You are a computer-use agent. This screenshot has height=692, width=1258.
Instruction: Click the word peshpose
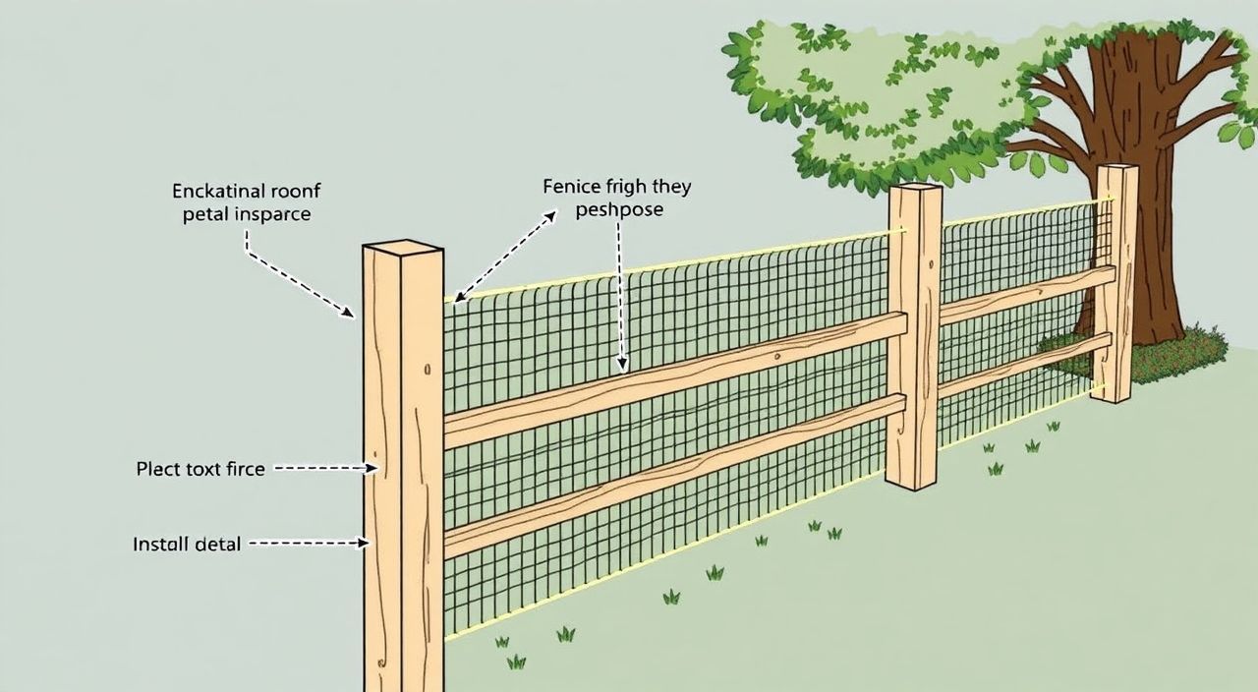[619, 210]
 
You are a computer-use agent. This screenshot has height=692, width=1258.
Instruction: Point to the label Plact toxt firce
[200, 469]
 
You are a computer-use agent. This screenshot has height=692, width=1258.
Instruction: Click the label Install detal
[187, 544]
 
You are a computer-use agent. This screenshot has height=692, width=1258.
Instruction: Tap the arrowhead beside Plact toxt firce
[372, 468]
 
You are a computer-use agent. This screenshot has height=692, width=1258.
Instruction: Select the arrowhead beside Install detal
[364, 543]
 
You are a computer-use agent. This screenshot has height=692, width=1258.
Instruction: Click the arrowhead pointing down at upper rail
[622, 365]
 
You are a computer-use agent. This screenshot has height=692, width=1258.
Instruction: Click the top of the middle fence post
[916, 189]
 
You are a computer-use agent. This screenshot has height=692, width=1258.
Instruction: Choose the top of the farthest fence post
[1118, 167]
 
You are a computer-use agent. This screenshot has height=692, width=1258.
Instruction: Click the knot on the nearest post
[428, 369]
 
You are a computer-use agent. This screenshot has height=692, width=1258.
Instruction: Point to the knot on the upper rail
[777, 356]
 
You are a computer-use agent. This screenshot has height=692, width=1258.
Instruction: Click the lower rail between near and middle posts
[675, 475]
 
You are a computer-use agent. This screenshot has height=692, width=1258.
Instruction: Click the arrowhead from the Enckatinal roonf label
[349, 313]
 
